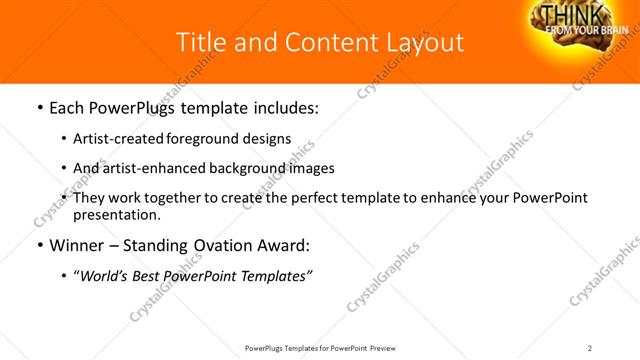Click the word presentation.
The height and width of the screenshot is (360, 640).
coord(117,214)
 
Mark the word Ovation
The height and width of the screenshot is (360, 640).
coord(225,245)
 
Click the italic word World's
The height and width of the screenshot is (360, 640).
coord(103,275)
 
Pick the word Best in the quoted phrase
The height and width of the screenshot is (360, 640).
coord(148,275)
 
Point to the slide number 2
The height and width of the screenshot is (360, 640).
coord(590,347)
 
